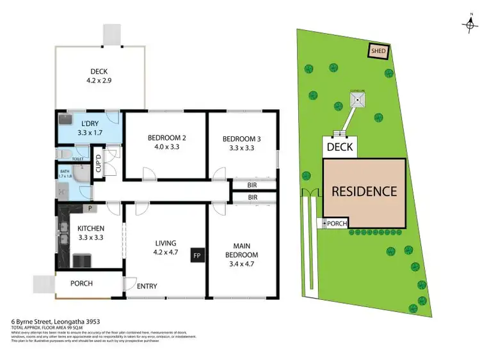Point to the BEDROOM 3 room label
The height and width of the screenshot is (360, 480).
pyautogui.click(x=241, y=139)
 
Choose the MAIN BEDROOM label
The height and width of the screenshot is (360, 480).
pyautogui.click(x=241, y=250)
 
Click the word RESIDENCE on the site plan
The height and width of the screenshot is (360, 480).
pyautogui.click(x=364, y=191)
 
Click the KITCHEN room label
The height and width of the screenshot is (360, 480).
pyautogui.click(x=90, y=228)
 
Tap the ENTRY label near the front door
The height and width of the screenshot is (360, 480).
pyautogui.click(x=147, y=286)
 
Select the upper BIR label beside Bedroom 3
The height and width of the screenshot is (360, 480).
pyautogui.click(x=252, y=185)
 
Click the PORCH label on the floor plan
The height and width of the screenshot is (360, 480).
pyautogui.click(x=81, y=283)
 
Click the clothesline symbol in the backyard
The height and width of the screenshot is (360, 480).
pyautogui.click(x=356, y=99)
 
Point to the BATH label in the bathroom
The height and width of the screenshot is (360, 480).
pyautogui.click(x=65, y=171)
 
